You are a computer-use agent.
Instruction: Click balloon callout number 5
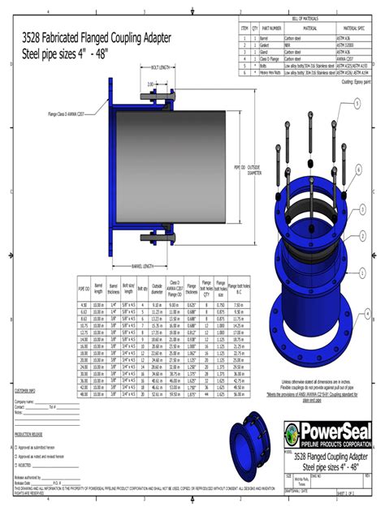(357, 103)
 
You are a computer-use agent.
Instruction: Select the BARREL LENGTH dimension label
(143, 265)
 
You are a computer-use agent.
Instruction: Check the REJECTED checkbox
(16, 466)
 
